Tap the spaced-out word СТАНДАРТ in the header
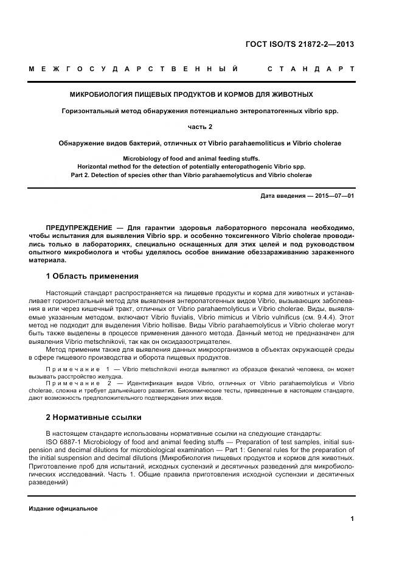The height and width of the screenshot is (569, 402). pyautogui.click(x=311, y=69)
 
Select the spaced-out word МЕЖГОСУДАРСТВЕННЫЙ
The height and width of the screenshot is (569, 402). pyautogui.click(x=134, y=69)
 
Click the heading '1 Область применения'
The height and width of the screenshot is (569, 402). pyautogui.click(x=92, y=276)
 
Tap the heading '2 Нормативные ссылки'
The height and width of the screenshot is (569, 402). pyautogui.click(x=94, y=417)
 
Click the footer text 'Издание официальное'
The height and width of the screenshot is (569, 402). pyautogui.click(x=63, y=508)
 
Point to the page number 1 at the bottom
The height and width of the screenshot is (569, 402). pyautogui.click(x=352, y=518)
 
